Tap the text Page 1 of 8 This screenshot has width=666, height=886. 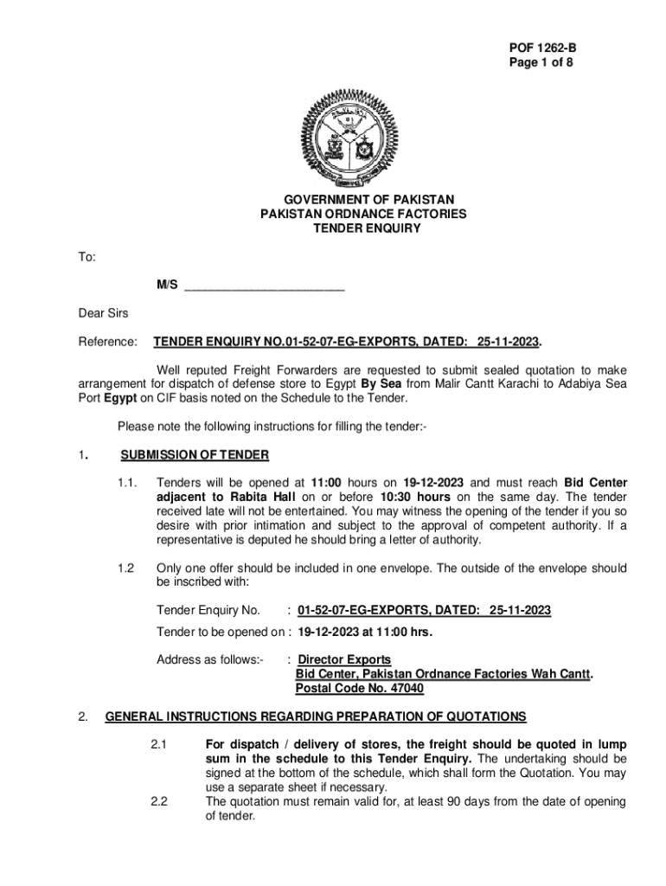[x=539, y=63]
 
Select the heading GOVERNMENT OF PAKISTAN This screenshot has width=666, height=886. [x=362, y=200]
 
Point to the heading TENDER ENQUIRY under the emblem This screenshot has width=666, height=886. [x=362, y=228]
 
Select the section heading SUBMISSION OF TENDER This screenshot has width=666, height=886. [x=195, y=455]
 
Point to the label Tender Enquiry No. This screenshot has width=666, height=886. [x=208, y=611]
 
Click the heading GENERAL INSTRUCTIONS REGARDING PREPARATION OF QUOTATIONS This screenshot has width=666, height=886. [x=316, y=716]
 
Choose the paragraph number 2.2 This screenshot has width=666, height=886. [x=158, y=801]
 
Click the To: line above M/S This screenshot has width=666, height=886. [x=87, y=257]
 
